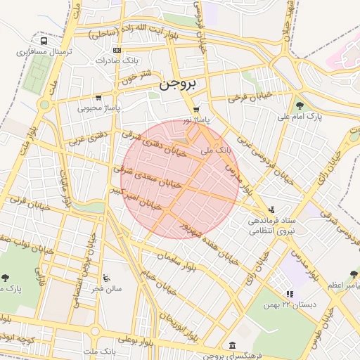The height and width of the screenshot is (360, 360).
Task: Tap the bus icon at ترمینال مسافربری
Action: click(45, 41)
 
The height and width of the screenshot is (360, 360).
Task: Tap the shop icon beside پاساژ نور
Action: click(195, 110)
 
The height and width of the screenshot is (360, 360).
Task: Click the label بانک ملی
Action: click(217, 150)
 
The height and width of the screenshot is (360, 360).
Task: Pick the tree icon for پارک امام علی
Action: click(300, 105)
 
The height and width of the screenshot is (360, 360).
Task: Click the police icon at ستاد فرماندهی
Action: click(272, 210)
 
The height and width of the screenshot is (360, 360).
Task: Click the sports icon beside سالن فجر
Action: click(105, 278)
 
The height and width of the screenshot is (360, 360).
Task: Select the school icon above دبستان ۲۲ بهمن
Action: click(289, 294)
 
